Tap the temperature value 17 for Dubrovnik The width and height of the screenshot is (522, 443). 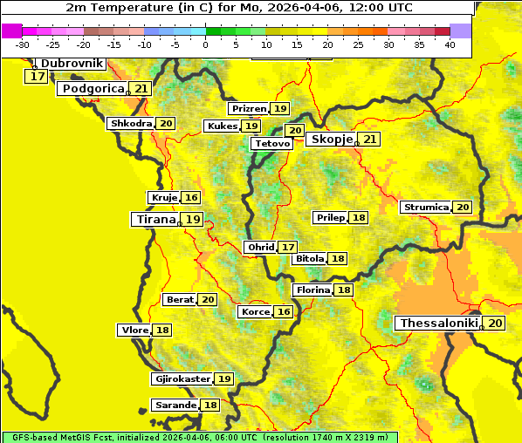click(x=37, y=77)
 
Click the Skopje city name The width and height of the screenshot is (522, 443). click(x=331, y=140)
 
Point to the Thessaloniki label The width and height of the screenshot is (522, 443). click(x=438, y=324)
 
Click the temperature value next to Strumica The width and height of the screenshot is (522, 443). click(x=463, y=208)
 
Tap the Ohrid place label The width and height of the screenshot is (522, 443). click(x=260, y=248)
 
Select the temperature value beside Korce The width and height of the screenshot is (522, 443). click(x=284, y=312)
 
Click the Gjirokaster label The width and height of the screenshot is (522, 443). click(x=182, y=379)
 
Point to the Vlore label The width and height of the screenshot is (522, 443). click(x=133, y=331)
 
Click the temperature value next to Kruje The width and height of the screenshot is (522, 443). click(x=191, y=198)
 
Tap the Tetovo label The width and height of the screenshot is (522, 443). click(x=272, y=144)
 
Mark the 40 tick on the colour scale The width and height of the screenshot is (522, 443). click(x=450, y=44)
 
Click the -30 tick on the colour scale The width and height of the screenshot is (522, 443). click(x=23, y=44)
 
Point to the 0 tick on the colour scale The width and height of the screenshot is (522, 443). click(x=205, y=44)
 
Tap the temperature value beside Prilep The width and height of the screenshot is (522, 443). click(x=359, y=217)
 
